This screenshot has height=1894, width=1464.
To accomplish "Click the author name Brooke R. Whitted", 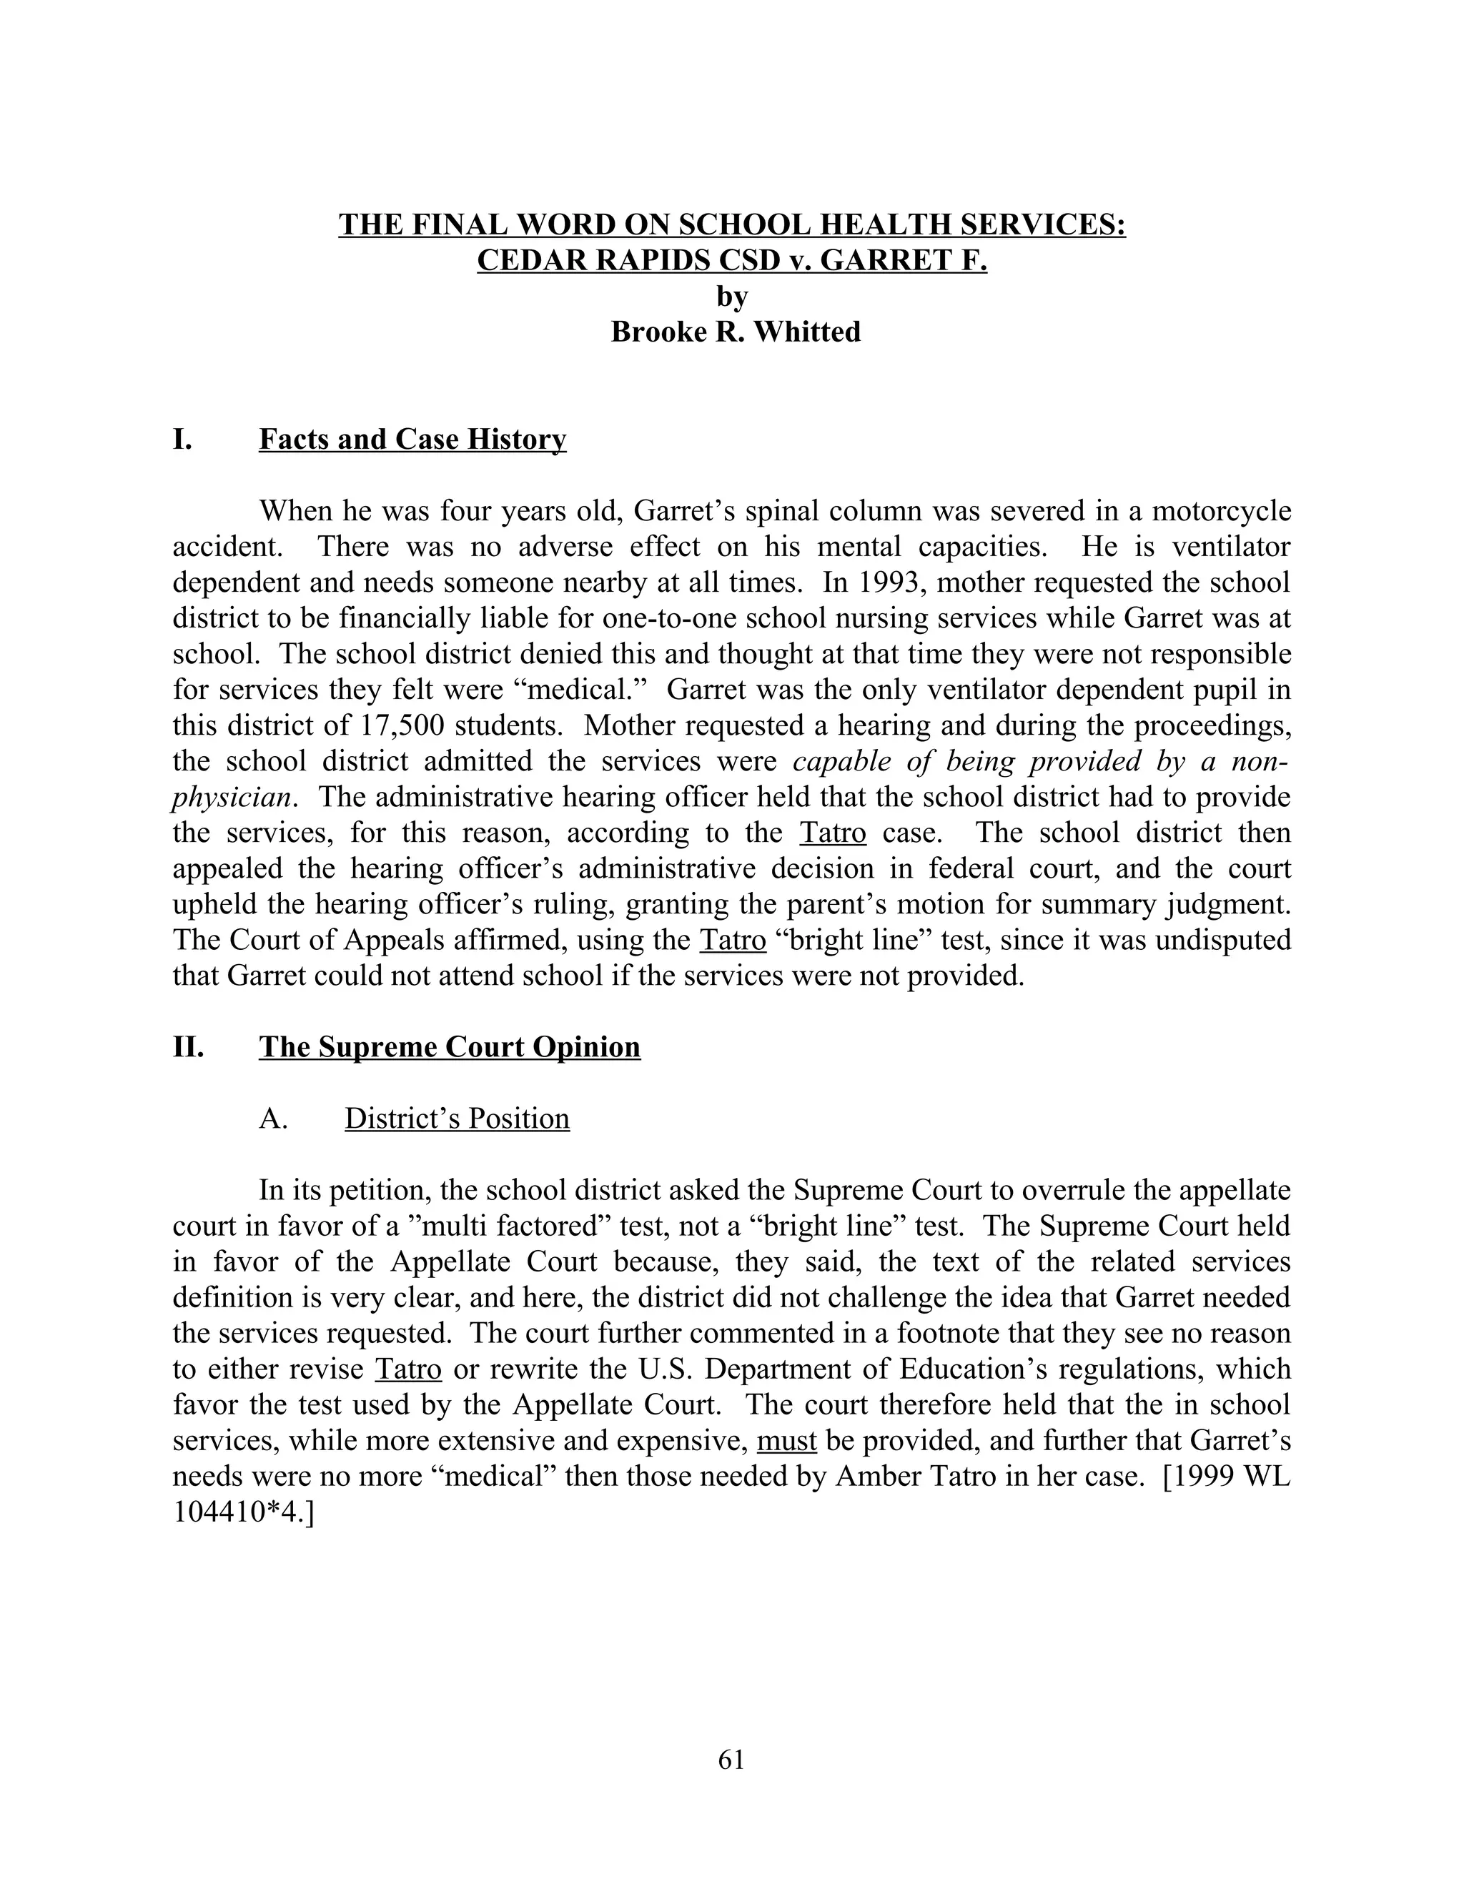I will point(736,332).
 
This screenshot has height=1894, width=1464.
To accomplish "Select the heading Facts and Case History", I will point(412,440).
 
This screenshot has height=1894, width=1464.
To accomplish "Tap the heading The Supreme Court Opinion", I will point(449,1047).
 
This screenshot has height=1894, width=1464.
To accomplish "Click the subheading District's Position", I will point(457,1119).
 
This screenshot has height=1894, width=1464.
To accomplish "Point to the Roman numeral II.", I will point(188,1047).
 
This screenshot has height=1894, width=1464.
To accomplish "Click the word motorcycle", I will point(1225,511).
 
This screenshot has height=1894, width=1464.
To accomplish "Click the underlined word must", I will point(786,1442).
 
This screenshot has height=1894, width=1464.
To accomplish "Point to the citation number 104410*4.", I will point(241,1512).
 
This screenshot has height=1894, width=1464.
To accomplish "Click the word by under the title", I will point(731,297).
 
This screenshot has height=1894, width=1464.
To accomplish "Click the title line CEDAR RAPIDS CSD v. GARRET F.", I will point(731,260).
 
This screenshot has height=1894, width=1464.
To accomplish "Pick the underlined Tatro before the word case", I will point(833,833).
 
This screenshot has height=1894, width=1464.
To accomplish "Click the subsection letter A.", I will point(272,1119).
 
